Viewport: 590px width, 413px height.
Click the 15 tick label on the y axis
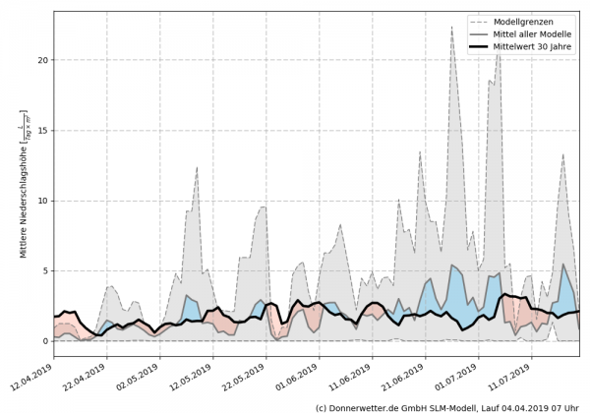42,131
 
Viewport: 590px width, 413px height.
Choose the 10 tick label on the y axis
42,201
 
